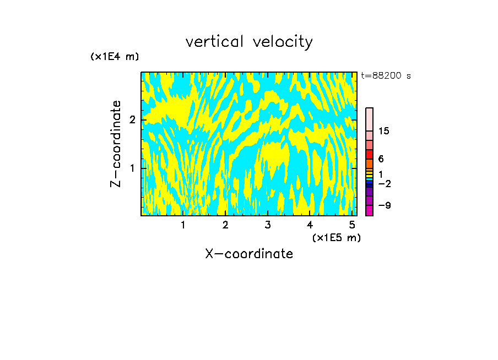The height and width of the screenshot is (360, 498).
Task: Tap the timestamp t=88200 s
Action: tap(386, 76)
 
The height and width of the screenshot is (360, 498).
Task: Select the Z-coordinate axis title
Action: tap(116, 144)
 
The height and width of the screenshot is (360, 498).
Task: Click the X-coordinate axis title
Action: tap(249, 254)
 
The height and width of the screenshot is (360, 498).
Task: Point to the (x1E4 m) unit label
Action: tap(115, 56)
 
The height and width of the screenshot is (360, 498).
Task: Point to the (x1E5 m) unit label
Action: tap(336, 237)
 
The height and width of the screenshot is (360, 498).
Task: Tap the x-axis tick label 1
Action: tap(183, 225)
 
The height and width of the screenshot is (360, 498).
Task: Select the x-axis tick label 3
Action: tap(267, 225)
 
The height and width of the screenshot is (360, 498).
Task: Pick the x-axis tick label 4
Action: tap(310, 225)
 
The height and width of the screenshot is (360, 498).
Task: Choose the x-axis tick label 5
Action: tap(352, 225)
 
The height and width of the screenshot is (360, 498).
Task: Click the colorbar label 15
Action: tap(384, 131)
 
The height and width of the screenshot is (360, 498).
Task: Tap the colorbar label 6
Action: tap(381, 159)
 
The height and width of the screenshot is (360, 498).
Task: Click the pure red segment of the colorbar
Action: tap(370, 155)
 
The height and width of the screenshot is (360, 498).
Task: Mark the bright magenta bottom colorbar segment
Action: tap(370, 210)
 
